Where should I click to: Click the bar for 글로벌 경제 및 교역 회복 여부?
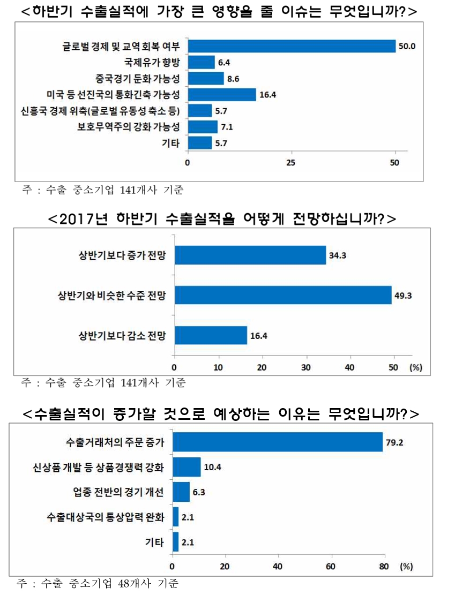coord(291,46)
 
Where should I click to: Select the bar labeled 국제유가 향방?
coord(201,62)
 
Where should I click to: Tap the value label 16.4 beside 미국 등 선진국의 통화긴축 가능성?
coord(267,95)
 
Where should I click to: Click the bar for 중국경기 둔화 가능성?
coord(205,79)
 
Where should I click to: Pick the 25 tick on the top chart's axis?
coord(291,162)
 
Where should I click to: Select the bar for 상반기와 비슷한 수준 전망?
coord(282,295)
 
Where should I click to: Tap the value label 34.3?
coord(338,255)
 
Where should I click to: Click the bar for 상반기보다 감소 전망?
coord(211,335)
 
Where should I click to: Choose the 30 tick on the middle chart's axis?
coord(306,367)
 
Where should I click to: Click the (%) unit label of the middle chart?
coord(416,367)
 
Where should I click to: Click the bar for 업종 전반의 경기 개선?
coord(181,492)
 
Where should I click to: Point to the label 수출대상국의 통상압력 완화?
coord(105,517)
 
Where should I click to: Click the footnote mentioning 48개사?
coord(97,583)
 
